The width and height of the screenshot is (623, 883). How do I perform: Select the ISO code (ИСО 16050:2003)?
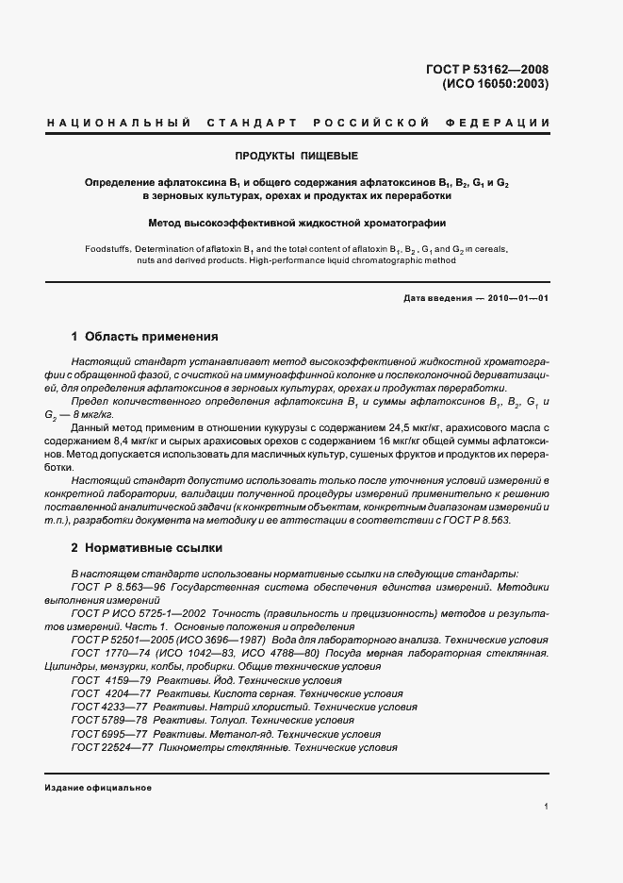(495, 83)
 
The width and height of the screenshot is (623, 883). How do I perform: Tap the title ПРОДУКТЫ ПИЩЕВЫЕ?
(297, 155)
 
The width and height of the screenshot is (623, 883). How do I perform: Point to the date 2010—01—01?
(516, 298)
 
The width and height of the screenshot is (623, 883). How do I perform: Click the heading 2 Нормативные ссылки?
(149, 547)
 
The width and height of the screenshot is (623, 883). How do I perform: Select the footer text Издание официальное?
(97, 788)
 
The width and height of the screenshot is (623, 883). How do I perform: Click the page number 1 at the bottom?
(547, 806)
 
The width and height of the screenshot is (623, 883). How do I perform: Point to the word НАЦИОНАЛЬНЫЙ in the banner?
(119, 124)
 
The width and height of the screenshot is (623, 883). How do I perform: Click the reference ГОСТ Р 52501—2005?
(124, 640)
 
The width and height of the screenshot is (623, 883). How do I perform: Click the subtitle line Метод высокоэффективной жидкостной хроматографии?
(297, 224)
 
